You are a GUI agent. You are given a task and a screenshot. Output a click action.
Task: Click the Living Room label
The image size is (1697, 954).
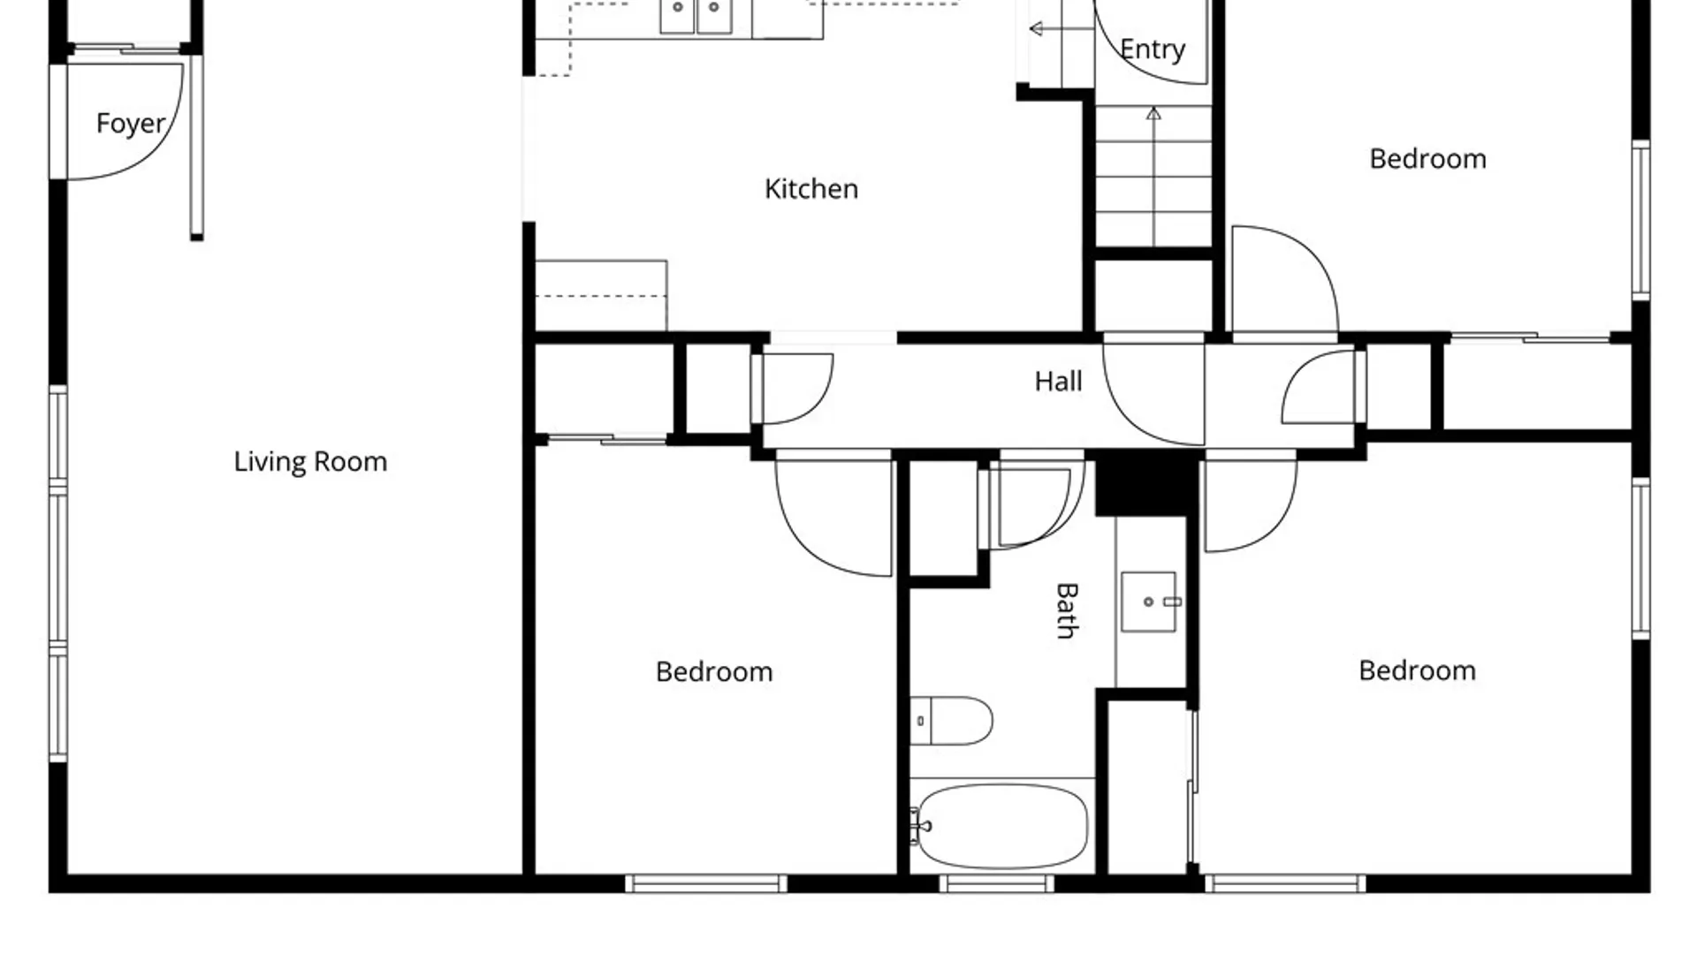[x=310, y=462]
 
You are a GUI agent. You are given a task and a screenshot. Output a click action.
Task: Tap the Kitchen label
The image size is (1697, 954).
[x=811, y=189]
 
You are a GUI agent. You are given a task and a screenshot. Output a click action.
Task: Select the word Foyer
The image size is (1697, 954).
[x=131, y=124]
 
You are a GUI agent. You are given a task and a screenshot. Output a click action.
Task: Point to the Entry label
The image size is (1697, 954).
[x=1153, y=49]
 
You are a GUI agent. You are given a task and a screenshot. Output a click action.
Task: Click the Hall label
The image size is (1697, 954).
[x=1058, y=382]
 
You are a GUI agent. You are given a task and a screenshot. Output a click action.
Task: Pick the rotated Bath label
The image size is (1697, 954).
[x=1067, y=610]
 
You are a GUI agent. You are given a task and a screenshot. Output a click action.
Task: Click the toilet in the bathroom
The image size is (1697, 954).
[x=951, y=721]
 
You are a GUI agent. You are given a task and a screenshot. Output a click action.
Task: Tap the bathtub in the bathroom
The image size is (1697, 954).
[x=1002, y=827]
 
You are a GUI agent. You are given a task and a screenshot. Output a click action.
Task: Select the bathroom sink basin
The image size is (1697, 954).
[x=1149, y=602]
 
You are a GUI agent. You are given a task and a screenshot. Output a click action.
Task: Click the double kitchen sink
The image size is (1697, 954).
[x=696, y=17]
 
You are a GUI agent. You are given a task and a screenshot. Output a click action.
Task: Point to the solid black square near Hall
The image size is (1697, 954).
[x=1146, y=483]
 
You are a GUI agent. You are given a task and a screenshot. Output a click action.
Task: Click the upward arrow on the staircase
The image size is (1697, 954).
[x=1153, y=177]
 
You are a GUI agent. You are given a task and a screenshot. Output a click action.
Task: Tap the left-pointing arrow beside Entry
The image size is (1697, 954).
[x=1062, y=29]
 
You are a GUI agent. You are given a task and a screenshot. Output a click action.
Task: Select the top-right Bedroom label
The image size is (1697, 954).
[x=1427, y=159]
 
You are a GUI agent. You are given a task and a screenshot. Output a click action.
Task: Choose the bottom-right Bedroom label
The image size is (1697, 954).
[x=1417, y=670]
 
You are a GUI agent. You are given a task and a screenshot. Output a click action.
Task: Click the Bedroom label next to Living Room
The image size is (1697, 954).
[x=714, y=672]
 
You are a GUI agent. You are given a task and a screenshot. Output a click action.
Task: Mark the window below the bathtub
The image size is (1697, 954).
[x=997, y=883]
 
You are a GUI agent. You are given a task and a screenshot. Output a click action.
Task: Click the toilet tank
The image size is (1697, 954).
[x=920, y=721]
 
